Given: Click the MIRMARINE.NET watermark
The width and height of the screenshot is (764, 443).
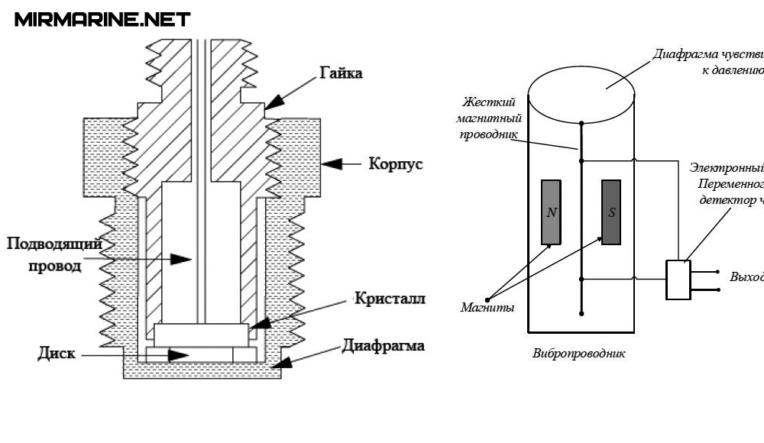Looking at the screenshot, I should (102, 19).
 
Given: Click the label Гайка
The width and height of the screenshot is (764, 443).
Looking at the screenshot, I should (336, 73).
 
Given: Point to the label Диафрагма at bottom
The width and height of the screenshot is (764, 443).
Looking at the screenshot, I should (384, 345).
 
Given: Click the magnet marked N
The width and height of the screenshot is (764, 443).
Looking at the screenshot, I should (552, 212).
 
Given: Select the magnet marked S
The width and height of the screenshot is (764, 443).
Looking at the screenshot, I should (611, 212).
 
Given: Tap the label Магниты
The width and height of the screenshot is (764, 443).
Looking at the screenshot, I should (487, 308).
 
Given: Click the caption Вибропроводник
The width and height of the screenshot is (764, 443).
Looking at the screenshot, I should (579, 354).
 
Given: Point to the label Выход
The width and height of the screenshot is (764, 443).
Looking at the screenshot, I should (746, 276).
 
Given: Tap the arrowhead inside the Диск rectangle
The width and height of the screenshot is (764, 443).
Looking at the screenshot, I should (180, 355).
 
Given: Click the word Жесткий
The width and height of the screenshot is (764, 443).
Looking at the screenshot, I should (489, 102).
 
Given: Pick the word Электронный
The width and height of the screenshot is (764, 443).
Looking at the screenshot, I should (726, 168).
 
